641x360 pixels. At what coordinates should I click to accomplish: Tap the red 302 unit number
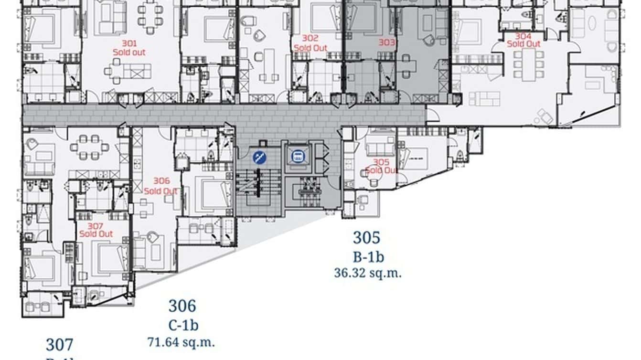pyautogui.click(x=310, y=38)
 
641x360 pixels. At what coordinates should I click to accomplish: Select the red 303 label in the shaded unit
pyautogui.click(x=387, y=42)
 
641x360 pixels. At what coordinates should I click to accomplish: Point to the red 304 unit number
pyautogui.click(x=523, y=36)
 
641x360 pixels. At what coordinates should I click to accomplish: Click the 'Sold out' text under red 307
pyautogui.click(x=96, y=234)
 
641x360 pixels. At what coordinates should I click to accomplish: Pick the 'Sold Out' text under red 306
pyautogui.click(x=161, y=191)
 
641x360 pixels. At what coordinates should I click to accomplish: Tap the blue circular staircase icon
pyautogui.click(x=260, y=156)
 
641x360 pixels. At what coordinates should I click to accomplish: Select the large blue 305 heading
pyautogui.click(x=367, y=237)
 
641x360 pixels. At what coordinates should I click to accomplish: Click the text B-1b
pyautogui.click(x=368, y=257)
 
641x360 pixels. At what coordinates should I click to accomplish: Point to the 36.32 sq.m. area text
pyautogui.click(x=368, y=273)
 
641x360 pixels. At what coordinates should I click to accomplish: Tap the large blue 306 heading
pyautogui.click(x=182, y=306)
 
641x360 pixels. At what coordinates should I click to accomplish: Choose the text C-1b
pyautogui.click(x=183, y=326)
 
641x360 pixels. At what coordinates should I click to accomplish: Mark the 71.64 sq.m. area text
pyautogui.click(x=181, y=342)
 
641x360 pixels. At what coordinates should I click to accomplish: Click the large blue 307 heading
pyautogui.click(x=60, y=344)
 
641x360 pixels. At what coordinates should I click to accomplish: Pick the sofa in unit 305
pyautogui.click(x=380, y=148)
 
